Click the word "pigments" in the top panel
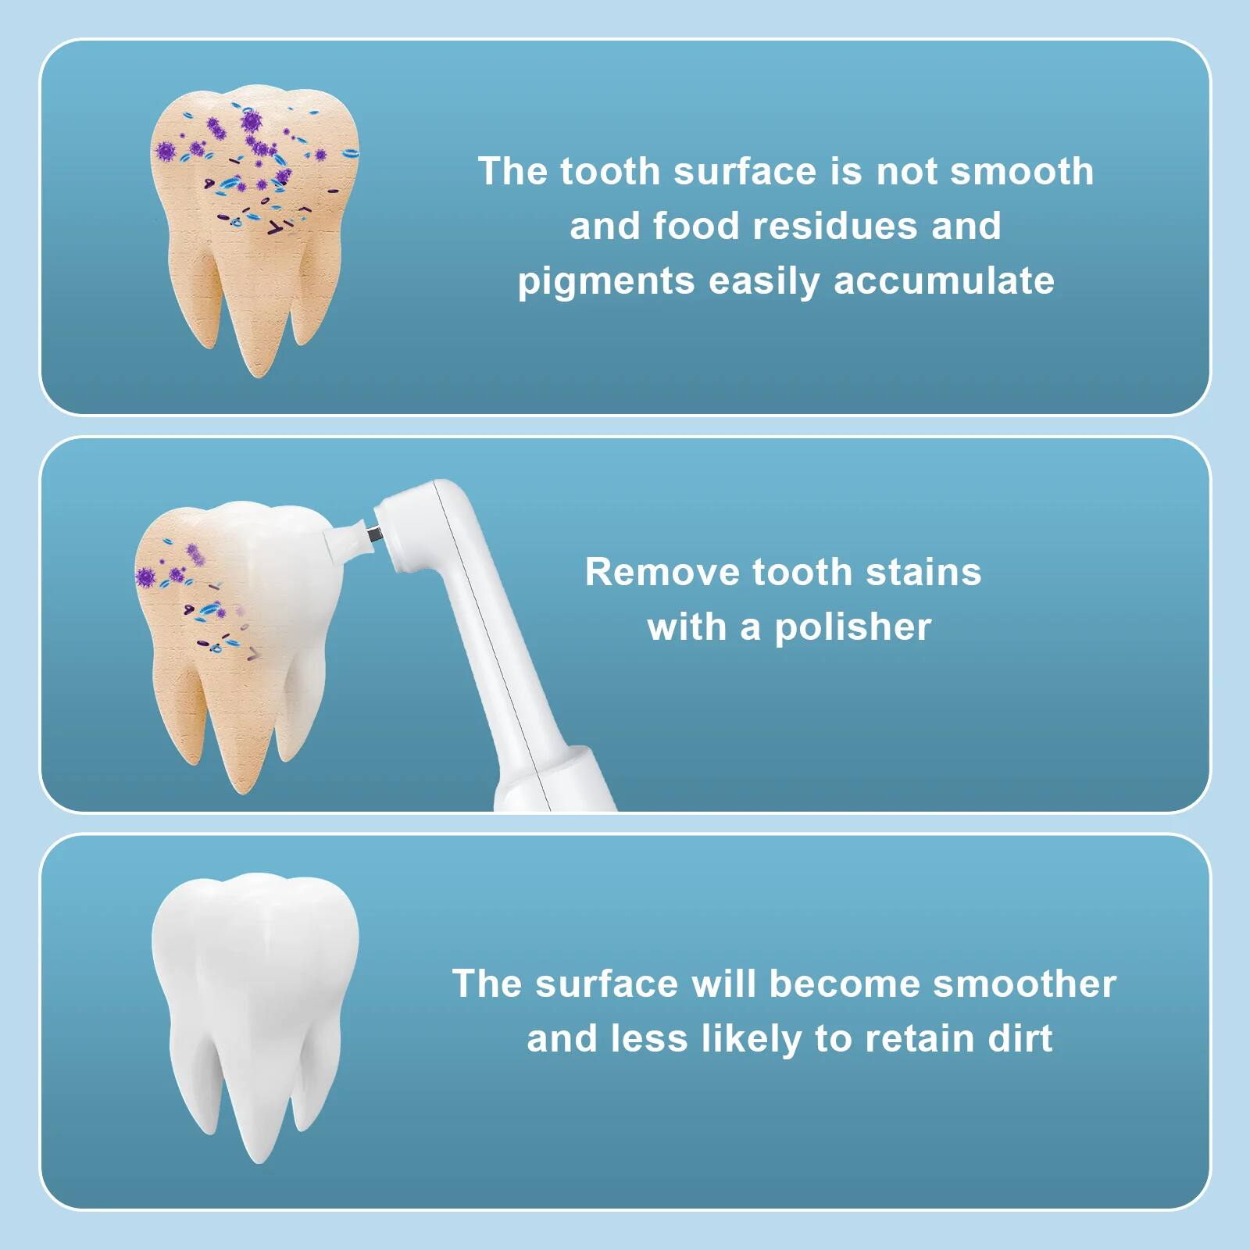[x=605, y=282]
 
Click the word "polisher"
[x=853, y=627]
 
